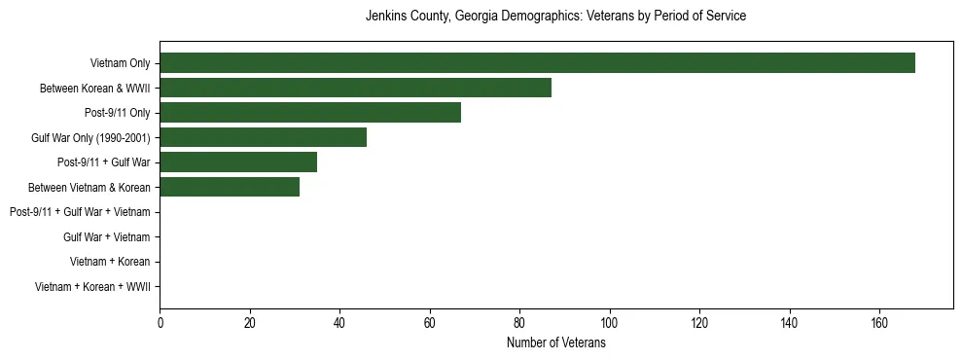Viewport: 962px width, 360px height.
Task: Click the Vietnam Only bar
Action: (537, 63)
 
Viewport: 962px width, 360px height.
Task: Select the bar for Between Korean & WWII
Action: (355, 88)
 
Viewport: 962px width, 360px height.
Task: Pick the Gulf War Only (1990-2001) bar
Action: (263, 137)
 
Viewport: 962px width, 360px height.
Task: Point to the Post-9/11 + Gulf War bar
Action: (238, 162)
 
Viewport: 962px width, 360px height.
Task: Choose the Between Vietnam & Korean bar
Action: (230, 187)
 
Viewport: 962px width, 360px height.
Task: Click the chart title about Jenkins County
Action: (555, 17)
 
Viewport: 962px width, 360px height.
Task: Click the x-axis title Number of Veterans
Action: (555, 343)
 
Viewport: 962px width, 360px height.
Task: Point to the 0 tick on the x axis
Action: (160, 323)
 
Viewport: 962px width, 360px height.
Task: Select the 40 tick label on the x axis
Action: (339, 323)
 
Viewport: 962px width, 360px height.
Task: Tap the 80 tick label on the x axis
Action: (519, 323)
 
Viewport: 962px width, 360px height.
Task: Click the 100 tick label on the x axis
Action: (609, 323)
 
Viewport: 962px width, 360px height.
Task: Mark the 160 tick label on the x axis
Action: (878, 323)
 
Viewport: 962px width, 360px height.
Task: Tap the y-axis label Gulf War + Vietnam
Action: (107, 237)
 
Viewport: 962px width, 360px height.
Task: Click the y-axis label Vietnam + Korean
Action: (110, 262)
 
